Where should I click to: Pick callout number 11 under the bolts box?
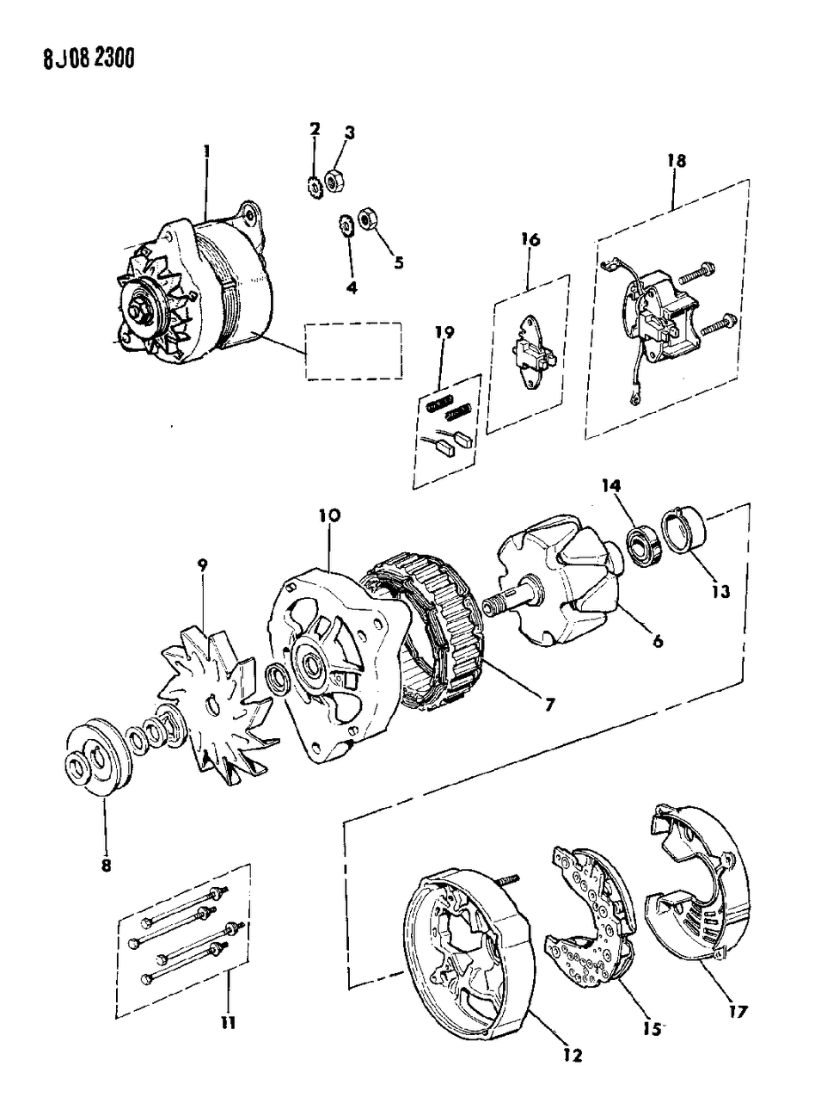pos(230,1023)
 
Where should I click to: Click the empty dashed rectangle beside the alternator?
pos(353,350)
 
